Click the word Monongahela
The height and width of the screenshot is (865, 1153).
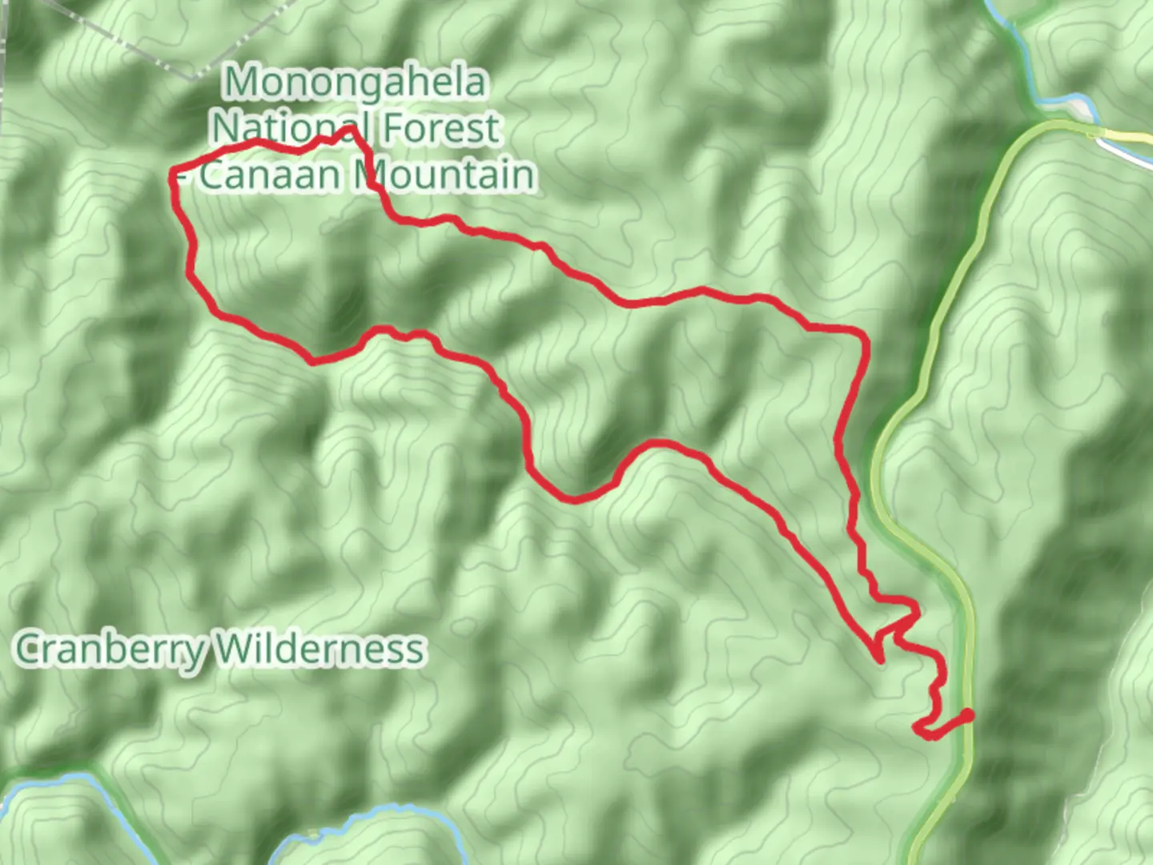pyautogui.click(x=356, y=82)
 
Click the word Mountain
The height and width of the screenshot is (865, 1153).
pyautogui.click(x=445, y=175)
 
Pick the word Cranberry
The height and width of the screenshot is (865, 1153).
pyautogui.click(x=110, y=648)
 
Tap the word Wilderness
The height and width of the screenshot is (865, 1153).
pyautogui.click(x=320, y=648)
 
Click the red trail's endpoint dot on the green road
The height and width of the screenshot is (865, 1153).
pyautogui.click(x=969, y=714)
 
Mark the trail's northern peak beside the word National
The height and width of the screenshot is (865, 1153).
pyautogui.click(x=350, y=129)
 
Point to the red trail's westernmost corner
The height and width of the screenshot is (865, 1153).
pyautogui.click(x=172, y=174)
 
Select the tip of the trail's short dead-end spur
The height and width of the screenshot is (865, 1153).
pyautogui.click(x=881, y=661)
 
